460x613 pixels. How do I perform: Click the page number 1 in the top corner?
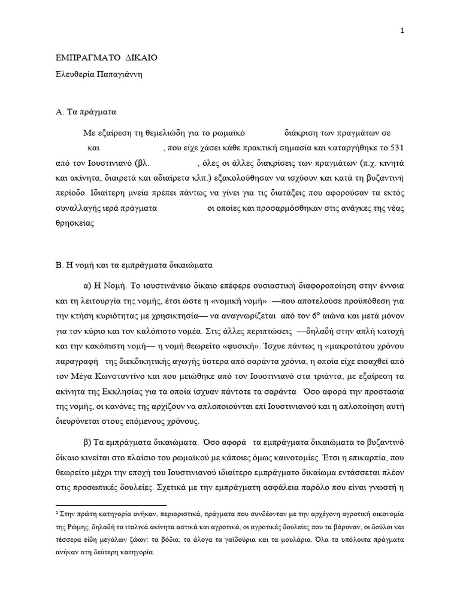click(402, 32)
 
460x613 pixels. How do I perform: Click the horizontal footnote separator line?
click(111, 505)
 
